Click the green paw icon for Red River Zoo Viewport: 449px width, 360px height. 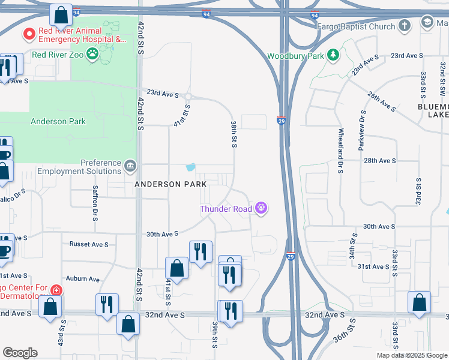tap(92, 55)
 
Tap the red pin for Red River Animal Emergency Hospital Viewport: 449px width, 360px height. tap(28, 34)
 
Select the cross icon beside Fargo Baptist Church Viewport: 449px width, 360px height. tap(406, 26)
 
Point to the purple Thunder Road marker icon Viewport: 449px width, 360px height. tap(261, 208)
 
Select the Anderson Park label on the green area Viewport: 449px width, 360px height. tap(58, 121)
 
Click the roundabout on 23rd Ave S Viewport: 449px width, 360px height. tap(188, 97)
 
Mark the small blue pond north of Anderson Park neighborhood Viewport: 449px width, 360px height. tap(191, 167)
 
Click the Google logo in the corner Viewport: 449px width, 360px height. tap(20, 353)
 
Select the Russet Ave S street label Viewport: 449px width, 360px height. tap(89, 244)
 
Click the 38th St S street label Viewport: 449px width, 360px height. tap(233, 133)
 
